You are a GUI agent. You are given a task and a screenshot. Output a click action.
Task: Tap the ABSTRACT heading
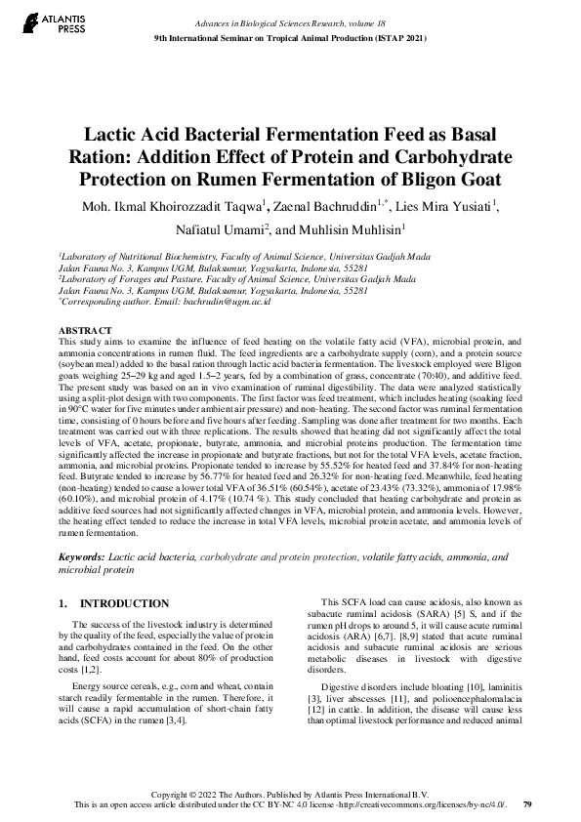click(85, 331)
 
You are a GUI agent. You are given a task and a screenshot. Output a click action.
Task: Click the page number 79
click(527, 804)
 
